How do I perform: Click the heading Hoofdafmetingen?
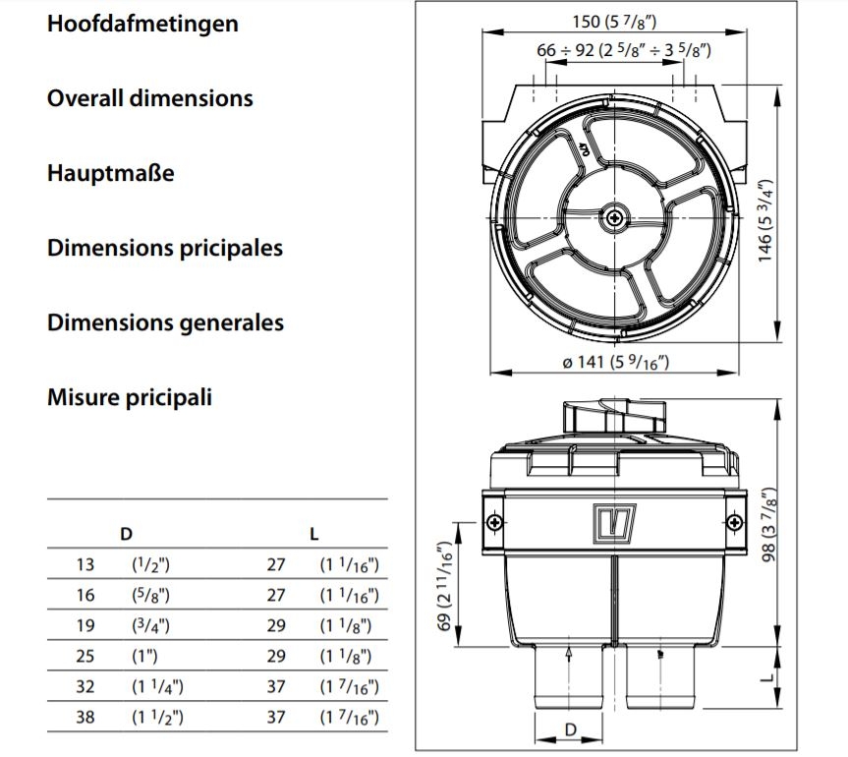coord(142,24)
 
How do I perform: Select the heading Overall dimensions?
coord(149,98)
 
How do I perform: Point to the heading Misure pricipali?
coord(129,397)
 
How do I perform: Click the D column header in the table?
coord(126,534)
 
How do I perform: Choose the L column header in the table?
coord(313,534)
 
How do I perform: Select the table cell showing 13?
coord(86,564)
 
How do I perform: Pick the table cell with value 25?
coord(86,656)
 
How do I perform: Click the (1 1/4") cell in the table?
coord(157,686)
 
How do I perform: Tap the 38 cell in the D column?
coord(86,717)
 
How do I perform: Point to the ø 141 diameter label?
coord(615,362)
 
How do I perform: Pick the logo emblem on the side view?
coord(614,520)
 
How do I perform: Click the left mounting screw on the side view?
coord(495,521)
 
